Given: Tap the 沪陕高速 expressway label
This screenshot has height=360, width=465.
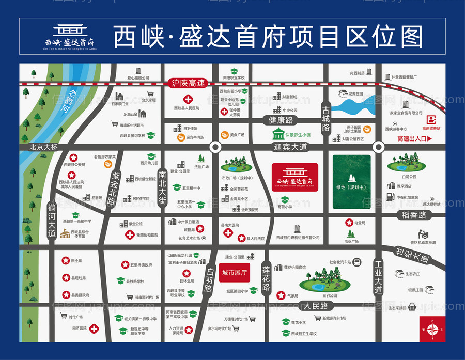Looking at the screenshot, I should coord(189,83).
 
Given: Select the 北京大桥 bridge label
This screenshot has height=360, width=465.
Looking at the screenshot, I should coord(43,147).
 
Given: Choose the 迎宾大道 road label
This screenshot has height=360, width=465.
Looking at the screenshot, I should coord(290,147).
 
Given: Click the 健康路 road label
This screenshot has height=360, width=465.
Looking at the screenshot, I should coord(281,120).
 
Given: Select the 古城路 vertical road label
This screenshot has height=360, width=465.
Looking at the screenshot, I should coord(326,118).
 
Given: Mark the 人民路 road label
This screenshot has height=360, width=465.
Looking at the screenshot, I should coord(316,306).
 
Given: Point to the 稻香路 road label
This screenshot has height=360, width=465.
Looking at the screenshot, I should coord(415,214).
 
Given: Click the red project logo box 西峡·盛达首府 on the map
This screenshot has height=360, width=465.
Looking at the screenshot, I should coord(295,177).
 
